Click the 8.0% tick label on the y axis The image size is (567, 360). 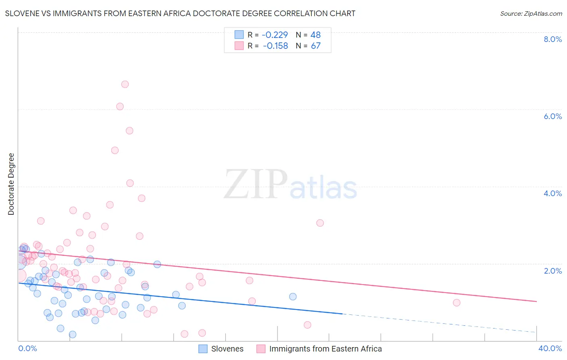click(x=552, y=39)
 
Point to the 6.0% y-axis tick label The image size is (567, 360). click(x=552, y=116)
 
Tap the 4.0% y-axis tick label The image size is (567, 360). click(x=552, y=193)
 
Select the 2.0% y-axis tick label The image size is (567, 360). click(x=552, y=271)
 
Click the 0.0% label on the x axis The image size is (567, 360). click(x=27, y=349)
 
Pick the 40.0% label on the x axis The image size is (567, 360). click(x=550, y=349)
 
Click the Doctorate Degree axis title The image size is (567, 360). click(x=11, y=184)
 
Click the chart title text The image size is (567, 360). click(x=180, y=13)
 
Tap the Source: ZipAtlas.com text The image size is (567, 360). click(x=531, y=13)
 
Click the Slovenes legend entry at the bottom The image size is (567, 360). click(x=227, y=349)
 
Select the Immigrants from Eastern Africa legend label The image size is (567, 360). click(x=325, y=349)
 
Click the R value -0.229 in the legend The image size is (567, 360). click(x=275, y=35)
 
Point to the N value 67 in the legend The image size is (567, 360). click(x=315, y=46)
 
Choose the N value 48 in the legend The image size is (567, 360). click(x=315, y=35)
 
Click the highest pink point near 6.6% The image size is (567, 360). click(x=125, y=84)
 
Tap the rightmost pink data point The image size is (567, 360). click(x=457, y=303)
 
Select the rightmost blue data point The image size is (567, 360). click(x=293, y=297)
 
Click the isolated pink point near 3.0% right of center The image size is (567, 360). click(x=320, y=223)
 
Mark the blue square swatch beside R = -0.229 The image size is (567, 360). click(x=239, y=35)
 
